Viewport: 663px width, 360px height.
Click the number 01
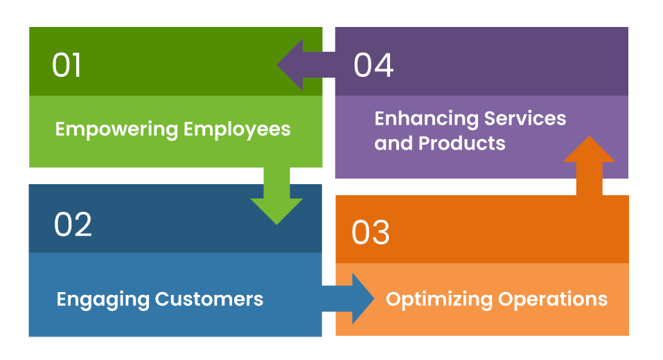(67, 65)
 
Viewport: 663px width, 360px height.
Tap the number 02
(73, 224)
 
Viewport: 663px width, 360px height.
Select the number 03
(371, 233)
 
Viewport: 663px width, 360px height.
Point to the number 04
(373, 65)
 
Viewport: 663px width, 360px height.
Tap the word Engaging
(103, 299)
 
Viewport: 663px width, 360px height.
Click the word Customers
(209, 299)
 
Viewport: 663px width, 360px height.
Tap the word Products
(466, 143)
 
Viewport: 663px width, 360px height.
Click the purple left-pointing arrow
(305, 65)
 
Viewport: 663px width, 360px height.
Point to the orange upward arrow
(590, 166)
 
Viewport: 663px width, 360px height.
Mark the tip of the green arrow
(276, 223)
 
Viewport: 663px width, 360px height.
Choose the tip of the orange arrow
(590, 137)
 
